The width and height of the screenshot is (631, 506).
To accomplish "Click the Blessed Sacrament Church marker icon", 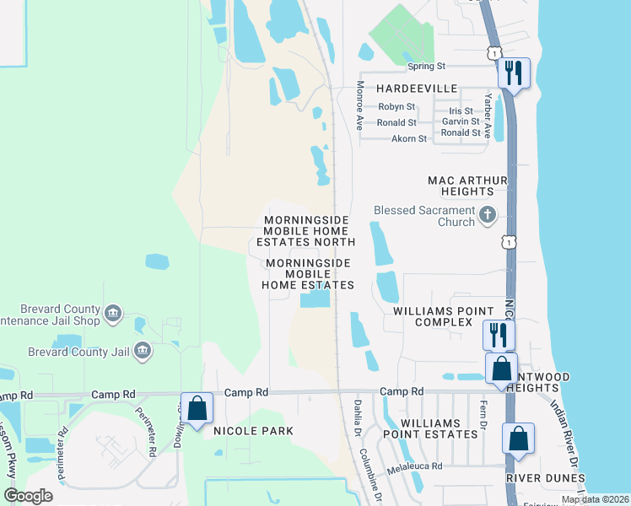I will (x=487, y=214).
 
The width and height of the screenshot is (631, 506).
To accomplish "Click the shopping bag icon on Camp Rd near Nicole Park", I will (x=197, y=409).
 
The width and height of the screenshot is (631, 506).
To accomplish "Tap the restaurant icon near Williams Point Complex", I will (x=498, y=335).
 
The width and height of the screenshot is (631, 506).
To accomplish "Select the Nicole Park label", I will (x=253, y=431).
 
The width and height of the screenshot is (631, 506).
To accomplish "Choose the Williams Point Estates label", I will (x=439, y=428).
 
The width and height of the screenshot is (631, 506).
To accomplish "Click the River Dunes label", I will (x=546, y=478).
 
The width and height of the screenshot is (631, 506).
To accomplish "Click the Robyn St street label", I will (x=396, y=107).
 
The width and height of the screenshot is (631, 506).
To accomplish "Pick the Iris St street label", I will (x=461, y=110).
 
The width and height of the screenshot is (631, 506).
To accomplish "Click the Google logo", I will (x=29, y=496).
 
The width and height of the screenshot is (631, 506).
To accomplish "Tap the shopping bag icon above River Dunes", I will (x=517, y=439).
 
